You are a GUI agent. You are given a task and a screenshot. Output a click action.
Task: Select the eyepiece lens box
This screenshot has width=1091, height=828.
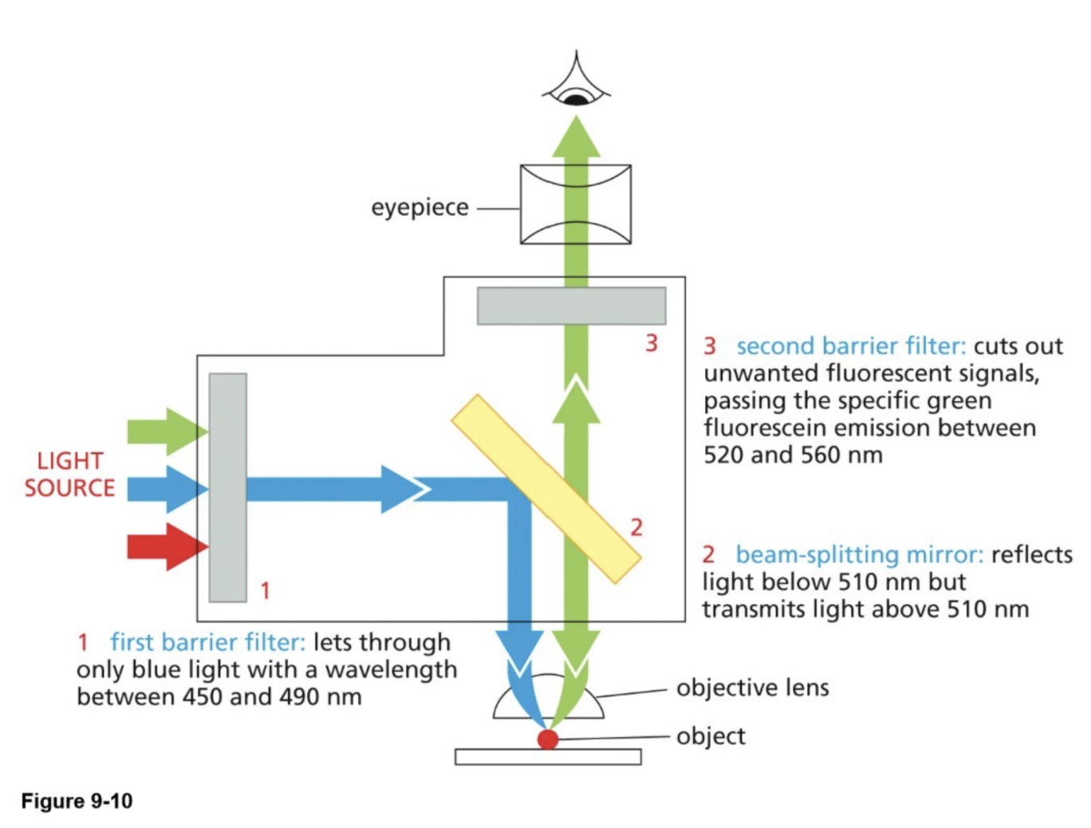[x=575, y=204]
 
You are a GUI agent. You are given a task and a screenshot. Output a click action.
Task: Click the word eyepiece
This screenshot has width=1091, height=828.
[x=419, y=207]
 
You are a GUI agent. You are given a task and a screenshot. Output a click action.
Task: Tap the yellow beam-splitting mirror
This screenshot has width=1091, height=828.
[x=546, y=488]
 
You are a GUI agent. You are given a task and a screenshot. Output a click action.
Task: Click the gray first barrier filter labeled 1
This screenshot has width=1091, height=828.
[x=227, y=487]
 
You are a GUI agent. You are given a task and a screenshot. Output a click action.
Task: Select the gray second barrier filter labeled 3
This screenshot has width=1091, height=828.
[x=571, y=306]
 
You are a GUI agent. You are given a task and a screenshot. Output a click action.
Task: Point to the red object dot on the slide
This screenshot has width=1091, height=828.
[x=547, y=739]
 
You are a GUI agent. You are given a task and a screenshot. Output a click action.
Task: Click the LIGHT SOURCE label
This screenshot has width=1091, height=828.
[x=69, y=475]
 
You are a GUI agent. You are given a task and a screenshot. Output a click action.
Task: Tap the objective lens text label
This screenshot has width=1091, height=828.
[x=752, y=688]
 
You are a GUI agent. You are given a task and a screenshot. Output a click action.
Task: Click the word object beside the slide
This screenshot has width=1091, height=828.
[x=711, y=735]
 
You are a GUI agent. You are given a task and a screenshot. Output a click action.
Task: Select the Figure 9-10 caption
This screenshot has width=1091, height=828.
[x=77, y=801]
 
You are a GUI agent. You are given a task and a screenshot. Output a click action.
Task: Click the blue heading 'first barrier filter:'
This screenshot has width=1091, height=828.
[x=207, y=642]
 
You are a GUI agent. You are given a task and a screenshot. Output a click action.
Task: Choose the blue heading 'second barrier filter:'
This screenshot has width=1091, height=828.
[x=850, y=346]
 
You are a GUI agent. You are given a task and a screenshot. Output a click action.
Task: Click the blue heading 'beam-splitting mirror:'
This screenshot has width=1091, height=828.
[x=858, y=554]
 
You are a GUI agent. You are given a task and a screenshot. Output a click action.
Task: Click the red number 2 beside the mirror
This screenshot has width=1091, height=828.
[x=636, y=527]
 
